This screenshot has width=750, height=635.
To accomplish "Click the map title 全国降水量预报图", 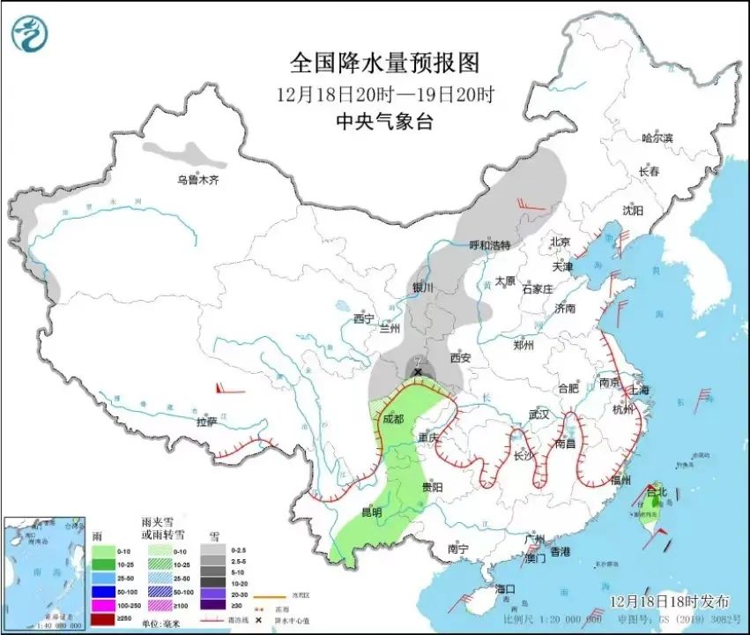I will (x=385, y=63).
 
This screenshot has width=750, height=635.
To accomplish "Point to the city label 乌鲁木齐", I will (x=197, y=181).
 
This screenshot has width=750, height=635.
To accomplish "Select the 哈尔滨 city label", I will (x=657, y=138).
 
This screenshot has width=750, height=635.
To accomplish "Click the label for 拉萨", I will (x=207, y=422).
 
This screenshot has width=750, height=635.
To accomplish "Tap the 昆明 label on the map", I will (x=372, y=512).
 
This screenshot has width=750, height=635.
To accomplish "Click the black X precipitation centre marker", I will (x=417, y=373).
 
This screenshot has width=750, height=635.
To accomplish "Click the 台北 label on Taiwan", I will (x=657, y=490).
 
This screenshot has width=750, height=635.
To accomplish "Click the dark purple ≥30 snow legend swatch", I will (x=212, y=604).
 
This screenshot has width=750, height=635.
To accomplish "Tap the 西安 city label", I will (x=461, y=358).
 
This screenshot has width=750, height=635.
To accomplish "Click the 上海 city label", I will (x=636, y=389).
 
